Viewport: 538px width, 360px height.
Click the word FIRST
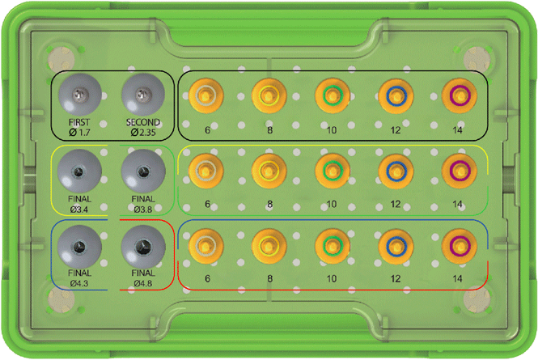click(x=79, y=122)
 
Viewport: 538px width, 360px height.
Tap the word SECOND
click(x=143, y=122)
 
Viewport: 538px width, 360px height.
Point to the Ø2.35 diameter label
click(x=143, y=132)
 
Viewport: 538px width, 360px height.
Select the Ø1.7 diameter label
click(x=79, y=132)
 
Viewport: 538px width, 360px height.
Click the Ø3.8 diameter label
click(x=143, y=209)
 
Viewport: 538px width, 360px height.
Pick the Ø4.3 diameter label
click(x=79, y=283)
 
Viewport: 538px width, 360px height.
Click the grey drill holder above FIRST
click(x=79, y=95)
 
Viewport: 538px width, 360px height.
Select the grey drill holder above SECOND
click(x=143, y=95)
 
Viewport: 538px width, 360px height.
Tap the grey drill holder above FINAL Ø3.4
click(x=79, y=171)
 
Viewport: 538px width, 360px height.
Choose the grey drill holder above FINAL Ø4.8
click(x=143, y=247)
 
